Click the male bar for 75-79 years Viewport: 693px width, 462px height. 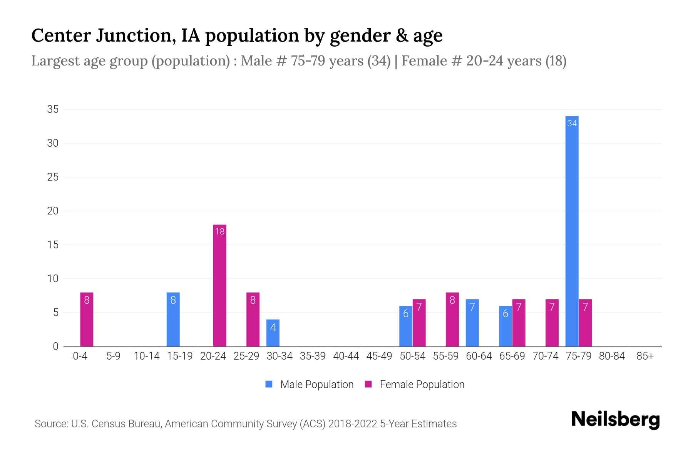click(572, 231)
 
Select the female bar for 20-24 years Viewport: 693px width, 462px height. click(219, 285)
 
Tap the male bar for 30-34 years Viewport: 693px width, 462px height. click(273, 333)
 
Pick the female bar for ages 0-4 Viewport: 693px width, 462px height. click(87, 320)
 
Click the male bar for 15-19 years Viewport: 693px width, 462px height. click(173, 320)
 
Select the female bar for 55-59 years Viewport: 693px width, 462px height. click(452, 320)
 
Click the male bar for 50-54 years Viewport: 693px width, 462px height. click(405, 326)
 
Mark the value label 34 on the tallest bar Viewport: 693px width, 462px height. click(572, 123)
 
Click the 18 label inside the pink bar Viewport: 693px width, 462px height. click(219, 231)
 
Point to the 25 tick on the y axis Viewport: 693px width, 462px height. click(53, 177)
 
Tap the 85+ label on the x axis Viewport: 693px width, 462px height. click(645, 356)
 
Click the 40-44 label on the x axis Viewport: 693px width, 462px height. click(346, 356)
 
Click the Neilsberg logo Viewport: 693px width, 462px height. click(615, 420)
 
